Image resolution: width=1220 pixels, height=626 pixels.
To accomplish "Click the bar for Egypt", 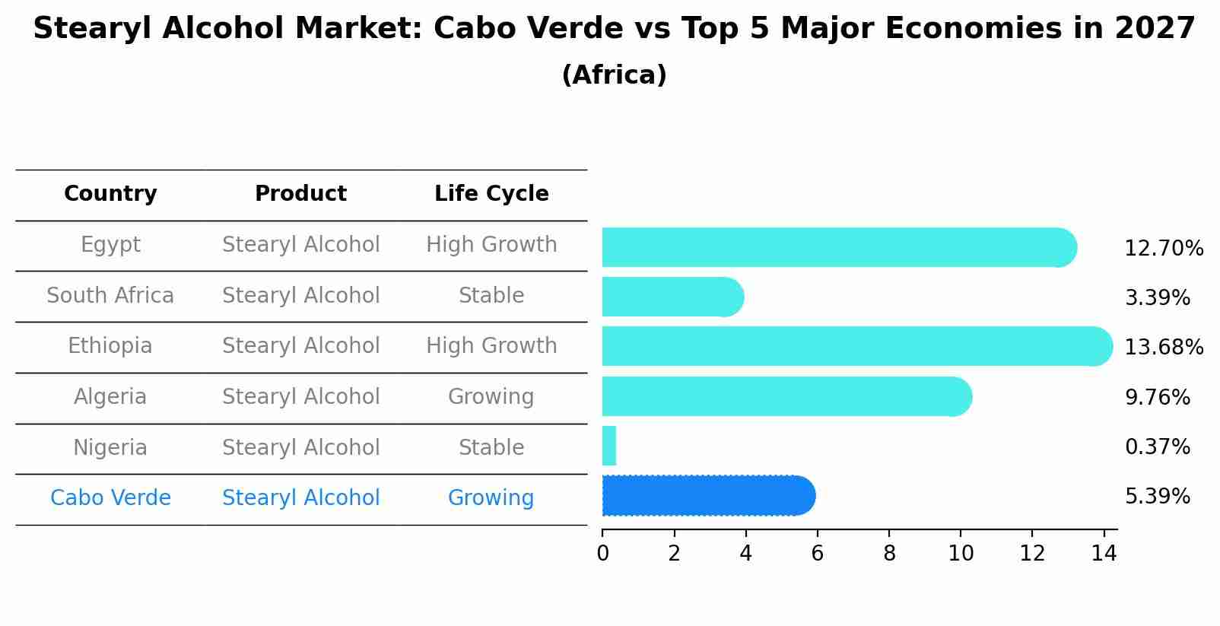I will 837,247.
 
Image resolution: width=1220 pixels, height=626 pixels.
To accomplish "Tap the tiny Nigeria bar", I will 609,446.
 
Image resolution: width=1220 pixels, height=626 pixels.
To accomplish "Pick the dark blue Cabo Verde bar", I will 707,496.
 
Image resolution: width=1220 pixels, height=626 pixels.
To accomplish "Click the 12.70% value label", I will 1164,249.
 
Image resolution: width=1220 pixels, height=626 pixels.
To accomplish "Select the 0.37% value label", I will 1157,447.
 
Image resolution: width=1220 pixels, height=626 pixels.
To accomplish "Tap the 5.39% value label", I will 1157,497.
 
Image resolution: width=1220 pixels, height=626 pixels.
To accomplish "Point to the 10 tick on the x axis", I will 961,554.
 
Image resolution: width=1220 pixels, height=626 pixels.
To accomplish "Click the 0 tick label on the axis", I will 602,554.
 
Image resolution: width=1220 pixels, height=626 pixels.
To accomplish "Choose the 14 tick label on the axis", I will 1104,554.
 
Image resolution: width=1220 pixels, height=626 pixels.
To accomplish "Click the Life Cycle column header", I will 491,194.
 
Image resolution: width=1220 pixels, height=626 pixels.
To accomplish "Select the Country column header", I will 110,194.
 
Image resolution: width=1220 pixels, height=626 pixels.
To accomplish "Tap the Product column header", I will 300,194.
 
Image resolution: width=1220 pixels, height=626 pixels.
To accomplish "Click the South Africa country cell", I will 110,295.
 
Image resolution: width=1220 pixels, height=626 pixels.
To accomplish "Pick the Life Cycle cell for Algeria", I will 491,397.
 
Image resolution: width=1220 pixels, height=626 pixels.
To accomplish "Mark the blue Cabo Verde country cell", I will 110,498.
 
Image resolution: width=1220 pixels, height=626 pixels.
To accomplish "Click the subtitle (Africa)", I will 614,75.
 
